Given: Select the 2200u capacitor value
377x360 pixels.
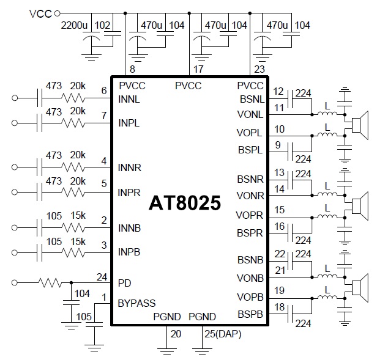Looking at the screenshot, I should tap(74, 26).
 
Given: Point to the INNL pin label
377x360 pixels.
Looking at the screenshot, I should tap(129, 98).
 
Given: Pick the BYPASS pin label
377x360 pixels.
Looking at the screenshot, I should tap(136, 303).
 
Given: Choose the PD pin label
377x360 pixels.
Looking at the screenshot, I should tap(124, 283).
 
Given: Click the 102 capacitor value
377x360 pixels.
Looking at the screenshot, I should tap(103, 26).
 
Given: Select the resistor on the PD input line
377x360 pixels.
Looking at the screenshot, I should tap(50, 283).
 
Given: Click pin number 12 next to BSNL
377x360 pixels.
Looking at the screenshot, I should tap(278, 92).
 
